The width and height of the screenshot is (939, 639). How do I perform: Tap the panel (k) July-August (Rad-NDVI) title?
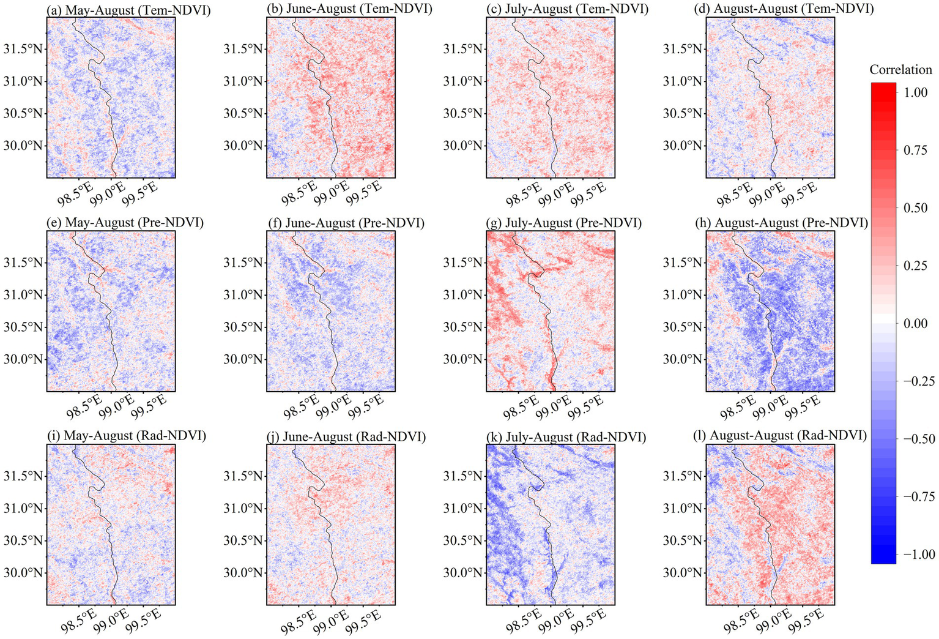coord(566,436)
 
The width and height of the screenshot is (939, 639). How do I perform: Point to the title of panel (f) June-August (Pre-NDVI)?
coord(346,223)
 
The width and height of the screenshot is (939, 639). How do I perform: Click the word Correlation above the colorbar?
coord(900,70)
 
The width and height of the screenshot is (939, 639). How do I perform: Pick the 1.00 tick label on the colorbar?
coord(915,92)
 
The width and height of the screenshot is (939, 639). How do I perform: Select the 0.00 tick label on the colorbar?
coord(915,323)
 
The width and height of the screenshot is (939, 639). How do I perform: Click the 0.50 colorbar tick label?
coord(915,208)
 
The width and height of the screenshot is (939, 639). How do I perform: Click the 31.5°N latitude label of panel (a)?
coord(23,49)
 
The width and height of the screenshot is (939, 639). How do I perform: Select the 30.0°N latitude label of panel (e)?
coord(23,359)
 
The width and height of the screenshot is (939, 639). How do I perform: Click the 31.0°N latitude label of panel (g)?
coord(464,294)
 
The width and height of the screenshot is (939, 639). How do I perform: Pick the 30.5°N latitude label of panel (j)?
coord(243,540)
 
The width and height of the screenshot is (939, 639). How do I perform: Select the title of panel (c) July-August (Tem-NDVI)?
coord(568,9)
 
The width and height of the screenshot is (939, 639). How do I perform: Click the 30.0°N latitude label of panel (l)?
coord(683,572)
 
